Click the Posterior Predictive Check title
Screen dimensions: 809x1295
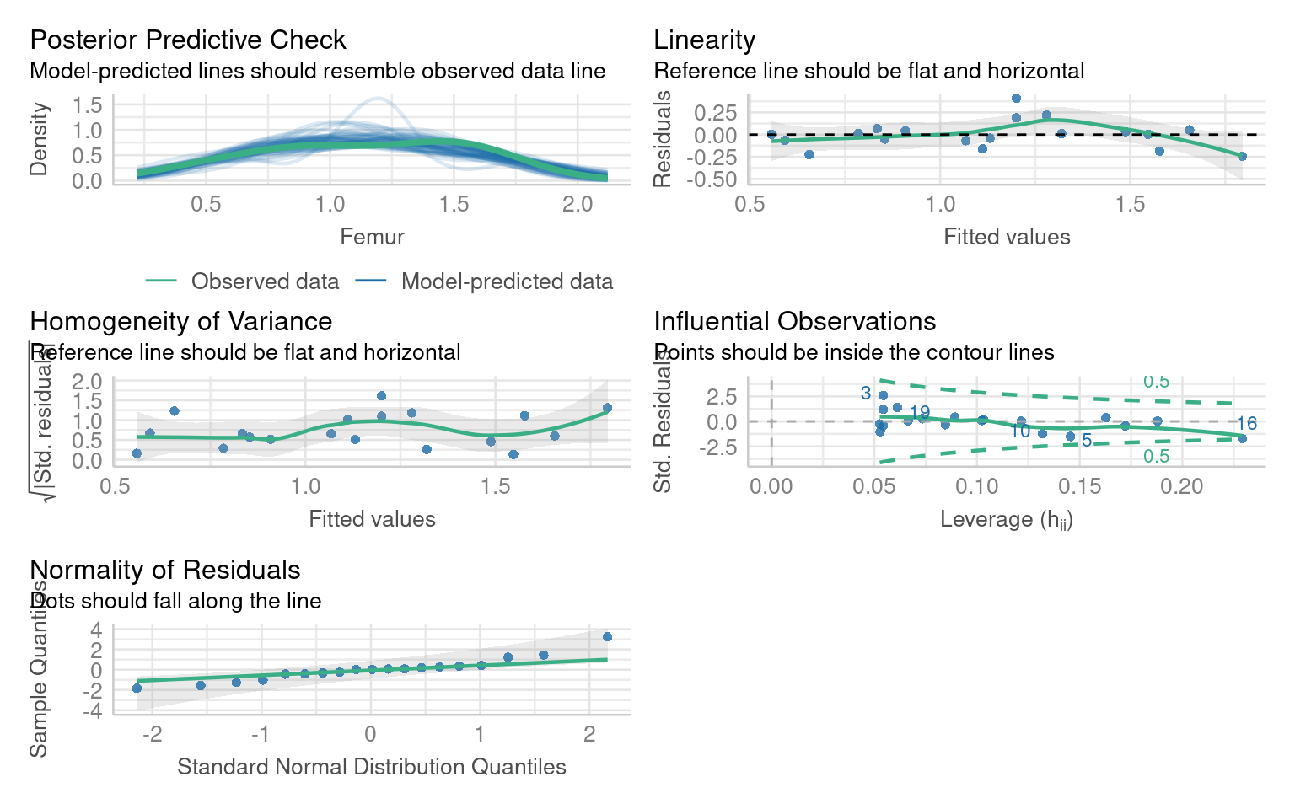[x=188, y=40]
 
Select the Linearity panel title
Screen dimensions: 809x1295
[x=704, y=40]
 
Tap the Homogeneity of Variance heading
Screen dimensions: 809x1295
[x=180, y=322]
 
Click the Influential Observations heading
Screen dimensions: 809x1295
[x=794, y=322]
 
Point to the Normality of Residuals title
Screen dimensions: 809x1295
[x=165, y=571]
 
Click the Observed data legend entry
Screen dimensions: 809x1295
[x=265, y=281]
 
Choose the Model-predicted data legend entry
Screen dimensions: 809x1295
[x=507, y=281]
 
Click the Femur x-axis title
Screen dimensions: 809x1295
[x=372, y=237]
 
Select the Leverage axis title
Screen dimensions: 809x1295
[x=1006, y=519]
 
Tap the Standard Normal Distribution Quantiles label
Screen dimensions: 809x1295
[x=372, y=767]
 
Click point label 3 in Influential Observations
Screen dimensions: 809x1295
[x=865, y=394]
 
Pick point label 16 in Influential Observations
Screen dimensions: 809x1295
[x=1247, y=424]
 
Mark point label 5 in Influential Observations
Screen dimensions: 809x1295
[x=1087, y=441]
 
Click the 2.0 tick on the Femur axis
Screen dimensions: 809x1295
[x=578, y=205]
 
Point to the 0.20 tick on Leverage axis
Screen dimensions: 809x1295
[x=1182, y=486]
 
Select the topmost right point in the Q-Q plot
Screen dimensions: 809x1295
[x=607, y=637]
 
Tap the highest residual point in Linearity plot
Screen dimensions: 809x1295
[x=1016, y=99]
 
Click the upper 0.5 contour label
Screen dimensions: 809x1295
[x=1156, y=382]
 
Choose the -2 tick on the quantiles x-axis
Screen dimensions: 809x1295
[x=152, y=734]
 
